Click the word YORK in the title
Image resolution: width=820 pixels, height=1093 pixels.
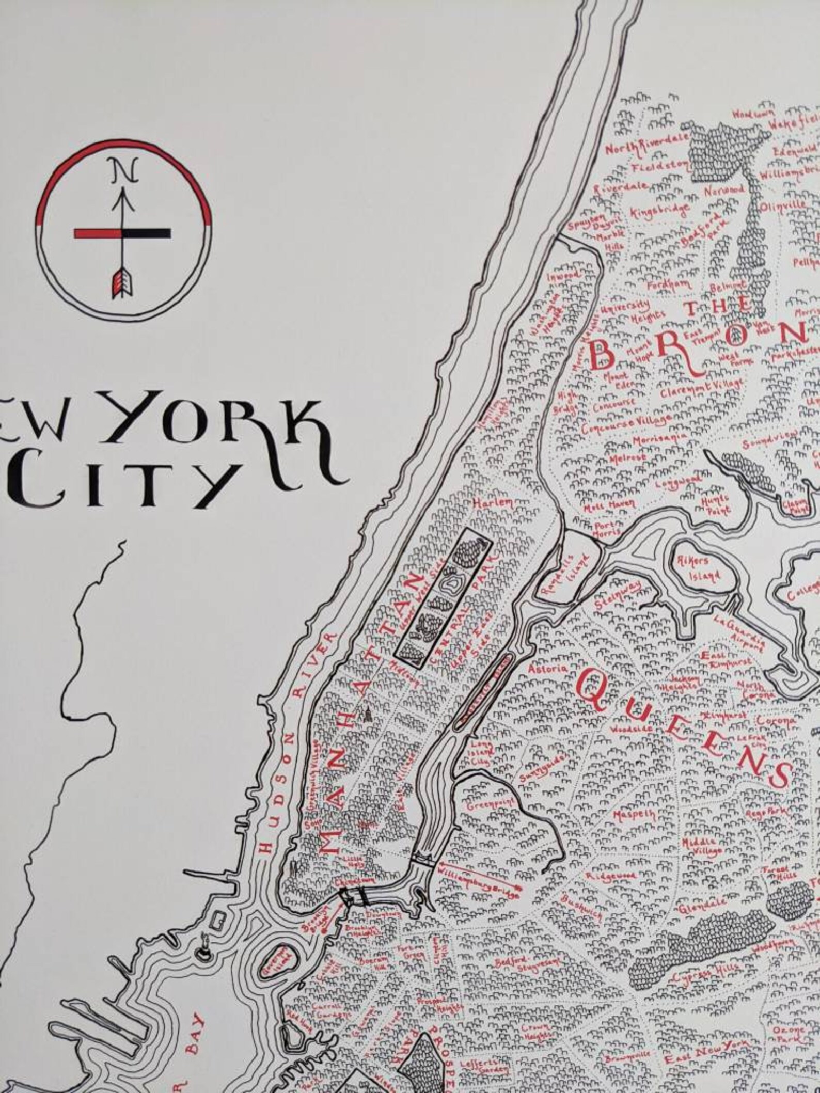[220, 422]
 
